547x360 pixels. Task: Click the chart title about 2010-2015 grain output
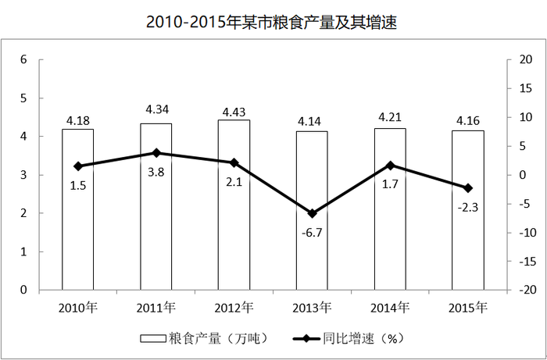[x=271, y=23]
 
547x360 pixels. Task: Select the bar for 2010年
[x=78, y=209]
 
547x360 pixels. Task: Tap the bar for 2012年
[x=234, y=205]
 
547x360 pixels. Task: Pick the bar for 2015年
[x=468, y=210]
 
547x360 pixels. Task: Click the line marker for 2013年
[x=313, y=213]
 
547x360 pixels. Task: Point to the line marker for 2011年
[x=156, y=153]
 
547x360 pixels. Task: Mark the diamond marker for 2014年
[x=390, y=166]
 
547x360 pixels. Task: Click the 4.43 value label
[x=234, y=112]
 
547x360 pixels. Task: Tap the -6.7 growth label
[x=312, y=233]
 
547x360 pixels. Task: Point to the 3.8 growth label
[x=156, y=172]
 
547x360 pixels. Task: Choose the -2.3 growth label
[x=468, y=208]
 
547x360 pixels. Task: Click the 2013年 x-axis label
[x=312, y=308]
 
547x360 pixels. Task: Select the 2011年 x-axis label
[x=156, y=308]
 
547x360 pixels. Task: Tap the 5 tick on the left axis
[x=23, y=98]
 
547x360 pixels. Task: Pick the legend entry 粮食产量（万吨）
[x=205, y=338]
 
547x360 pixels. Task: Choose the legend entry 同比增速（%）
[x=349, y=338]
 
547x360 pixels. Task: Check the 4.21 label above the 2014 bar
[x=390, y=117]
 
